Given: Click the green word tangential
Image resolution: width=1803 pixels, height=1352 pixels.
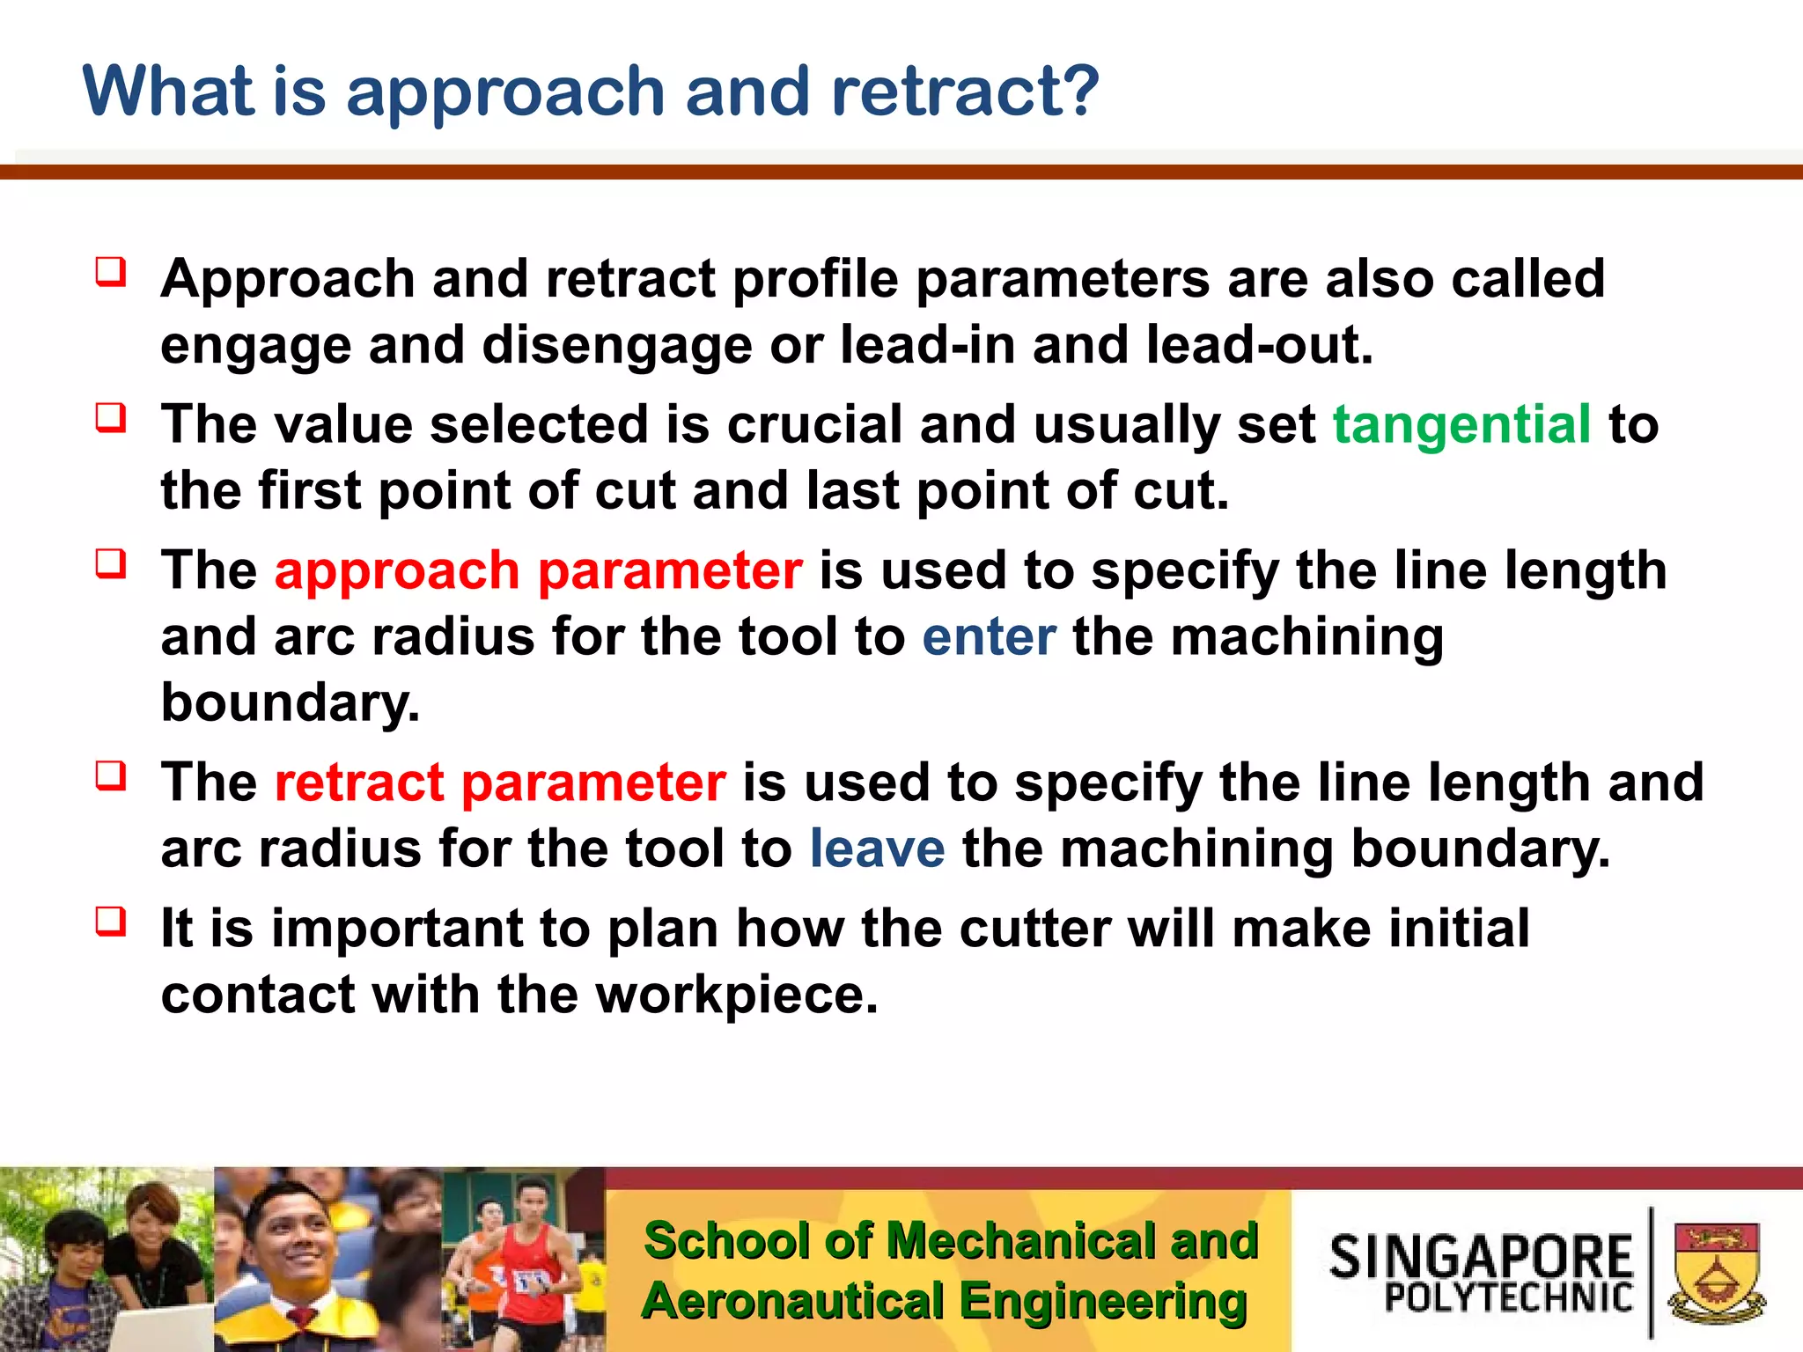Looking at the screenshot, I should (1461, 425).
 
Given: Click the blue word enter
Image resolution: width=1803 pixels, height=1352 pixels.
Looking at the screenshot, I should (989, 636).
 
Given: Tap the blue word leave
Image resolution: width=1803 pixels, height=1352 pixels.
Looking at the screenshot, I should (877, 849).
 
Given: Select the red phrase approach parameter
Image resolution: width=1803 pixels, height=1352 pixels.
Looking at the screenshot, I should (538, 570).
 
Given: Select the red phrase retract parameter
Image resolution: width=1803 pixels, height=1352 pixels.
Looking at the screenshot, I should (500, 783).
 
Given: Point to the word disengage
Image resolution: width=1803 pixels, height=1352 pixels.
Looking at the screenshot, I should (616, 345).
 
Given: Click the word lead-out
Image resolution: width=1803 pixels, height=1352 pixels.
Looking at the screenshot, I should (1259, 345).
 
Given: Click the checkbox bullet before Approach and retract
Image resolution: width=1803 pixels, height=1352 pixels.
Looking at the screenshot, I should (111, 272).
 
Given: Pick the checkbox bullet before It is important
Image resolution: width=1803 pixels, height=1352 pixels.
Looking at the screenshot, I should (111, 922).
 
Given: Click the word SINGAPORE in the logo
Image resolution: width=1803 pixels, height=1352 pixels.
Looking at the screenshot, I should (1481, 1256).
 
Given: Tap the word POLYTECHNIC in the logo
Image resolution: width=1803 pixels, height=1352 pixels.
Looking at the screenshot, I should (1508, 1298).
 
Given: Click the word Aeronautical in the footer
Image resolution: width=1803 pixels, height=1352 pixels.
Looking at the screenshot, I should (792, 1302).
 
